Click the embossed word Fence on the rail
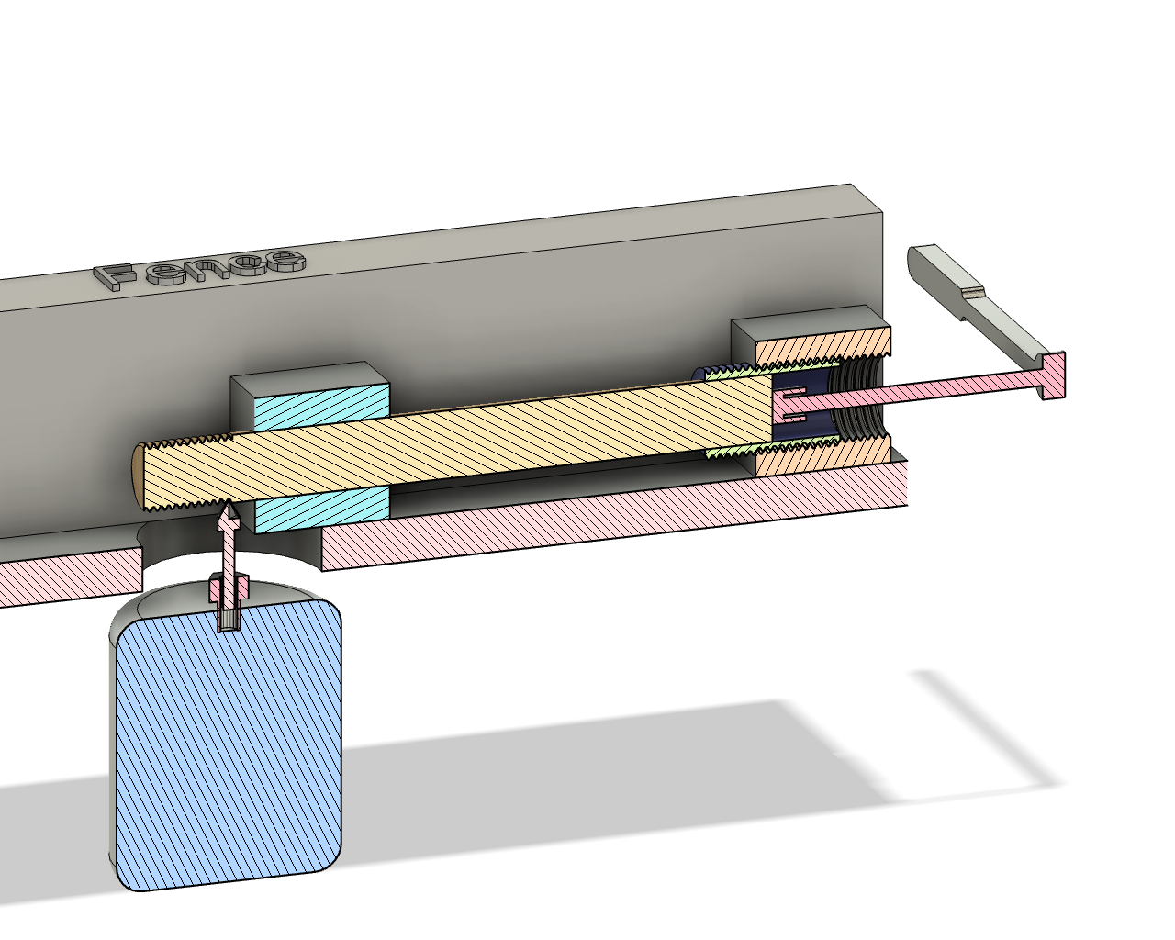[202, 268]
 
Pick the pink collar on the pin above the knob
[229, 586]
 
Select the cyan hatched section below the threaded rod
[321, 508]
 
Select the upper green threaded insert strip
[734, 370]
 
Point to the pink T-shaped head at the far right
[1053, 376]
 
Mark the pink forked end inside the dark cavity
[792, 406]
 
